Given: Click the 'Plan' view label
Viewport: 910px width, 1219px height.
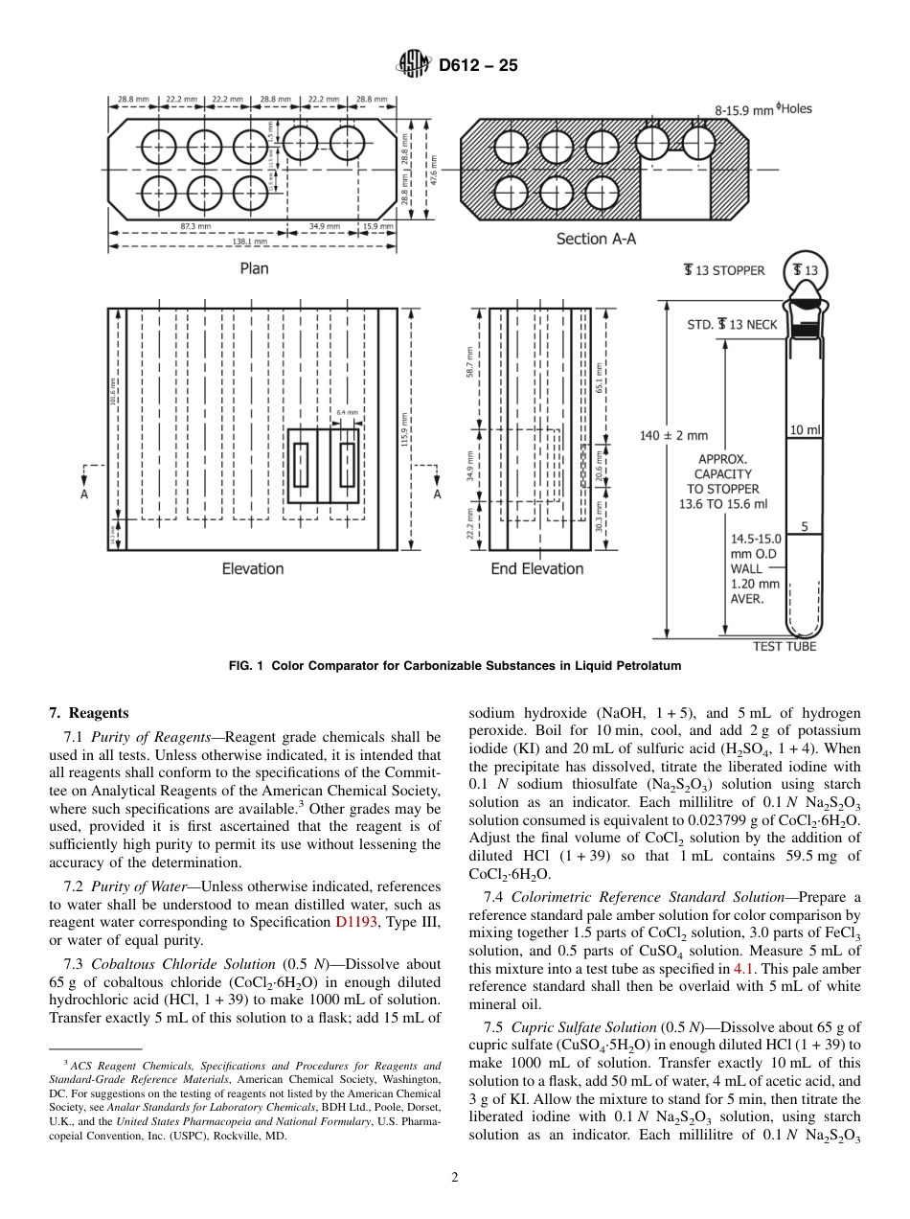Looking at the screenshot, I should tap(254, 268).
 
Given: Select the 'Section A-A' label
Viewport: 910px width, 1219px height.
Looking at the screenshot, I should tap(596, 239).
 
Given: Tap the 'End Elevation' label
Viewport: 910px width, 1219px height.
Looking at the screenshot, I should tap(536, 568).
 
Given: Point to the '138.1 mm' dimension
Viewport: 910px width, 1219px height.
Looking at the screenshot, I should tap(251, 242).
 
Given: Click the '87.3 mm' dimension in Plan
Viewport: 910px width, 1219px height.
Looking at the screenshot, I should tap(194, 225).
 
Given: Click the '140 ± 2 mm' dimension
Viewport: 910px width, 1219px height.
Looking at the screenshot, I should tap(673, 436).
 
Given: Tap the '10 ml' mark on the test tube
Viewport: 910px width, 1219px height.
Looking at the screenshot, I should tap(805, 430).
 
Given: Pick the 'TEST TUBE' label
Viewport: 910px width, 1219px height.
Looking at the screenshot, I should tap(785, 647).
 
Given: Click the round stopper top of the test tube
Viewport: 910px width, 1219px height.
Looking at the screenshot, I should tap(806, 271).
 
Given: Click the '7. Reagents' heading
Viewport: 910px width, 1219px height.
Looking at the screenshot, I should tap(88, 713).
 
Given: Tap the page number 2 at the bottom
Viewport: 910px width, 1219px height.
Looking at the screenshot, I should tap(455, 1178).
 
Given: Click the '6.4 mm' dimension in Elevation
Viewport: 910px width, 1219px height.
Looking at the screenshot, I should tap(347, 413).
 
